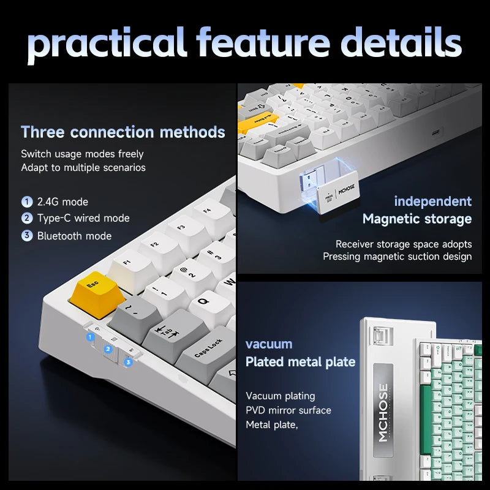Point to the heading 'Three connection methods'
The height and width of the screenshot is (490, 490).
(x=123, y=132)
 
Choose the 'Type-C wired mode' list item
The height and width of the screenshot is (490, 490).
(x=83, y=218)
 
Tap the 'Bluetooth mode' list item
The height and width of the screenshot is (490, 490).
(x=74, y=236)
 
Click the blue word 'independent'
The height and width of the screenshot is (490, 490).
(x=432, y=201)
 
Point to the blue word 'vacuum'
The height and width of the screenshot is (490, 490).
(x=269, y=344)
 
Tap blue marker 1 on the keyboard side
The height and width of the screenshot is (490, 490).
(x=91, y=336)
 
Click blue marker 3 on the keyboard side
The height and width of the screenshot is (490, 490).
(x=128, y=362)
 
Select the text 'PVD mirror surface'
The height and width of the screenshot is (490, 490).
(x=288, y=410)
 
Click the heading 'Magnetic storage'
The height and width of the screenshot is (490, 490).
(x=417, y=219)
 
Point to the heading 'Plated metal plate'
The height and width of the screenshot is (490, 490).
(x=300, y=362)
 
